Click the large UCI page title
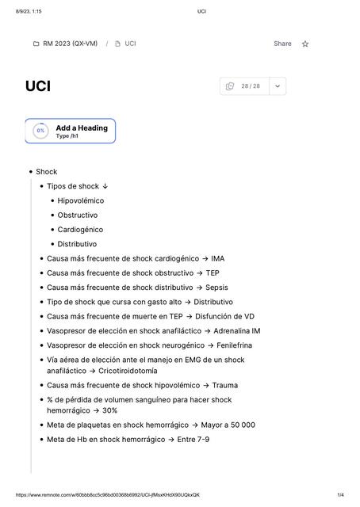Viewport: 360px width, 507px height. (37, 86)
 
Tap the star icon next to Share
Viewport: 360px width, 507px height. (305, 44)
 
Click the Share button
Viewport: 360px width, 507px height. (282, 44)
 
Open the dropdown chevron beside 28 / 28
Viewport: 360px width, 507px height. (277, 86)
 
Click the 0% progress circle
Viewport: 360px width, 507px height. (40, 131)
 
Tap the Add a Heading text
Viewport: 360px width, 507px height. (82, 128)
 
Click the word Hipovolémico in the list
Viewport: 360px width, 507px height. (81, 200)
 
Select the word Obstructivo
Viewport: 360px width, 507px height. (78, 215)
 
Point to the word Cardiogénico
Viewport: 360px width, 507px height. (80, 230)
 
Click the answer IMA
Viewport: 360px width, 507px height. (217, 258)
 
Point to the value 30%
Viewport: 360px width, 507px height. (109, 410)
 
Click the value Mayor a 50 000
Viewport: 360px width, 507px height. (228, 425)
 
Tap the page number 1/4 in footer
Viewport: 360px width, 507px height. (340, 495)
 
